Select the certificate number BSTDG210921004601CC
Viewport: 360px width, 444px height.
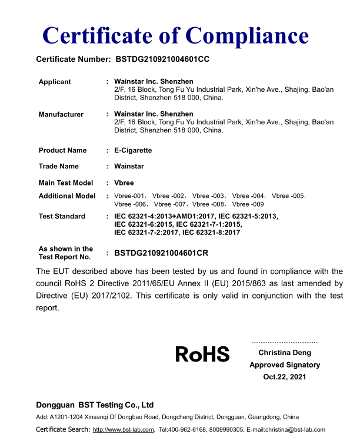click(x=162, y=59)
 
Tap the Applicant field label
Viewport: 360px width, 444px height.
click(x=55, y=82)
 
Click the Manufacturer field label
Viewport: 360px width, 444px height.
click(x=61, y=114)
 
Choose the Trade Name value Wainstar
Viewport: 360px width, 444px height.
click(x=129, y=166)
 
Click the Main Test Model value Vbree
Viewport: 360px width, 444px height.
click(x=124, y=183)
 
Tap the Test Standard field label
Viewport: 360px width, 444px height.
click(x=62, y=216)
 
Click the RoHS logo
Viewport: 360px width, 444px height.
click(x=202, y=354)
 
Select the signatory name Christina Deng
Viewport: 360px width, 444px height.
click(x=285, y=353)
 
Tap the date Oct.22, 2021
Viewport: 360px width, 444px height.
click(x=285, y=376)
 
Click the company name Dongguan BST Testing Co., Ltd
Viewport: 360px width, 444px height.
click(x=95, y=405)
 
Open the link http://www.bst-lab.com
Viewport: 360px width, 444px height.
click(x=124, y=429)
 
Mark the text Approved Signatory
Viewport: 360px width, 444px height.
click(x=285, y=365)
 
